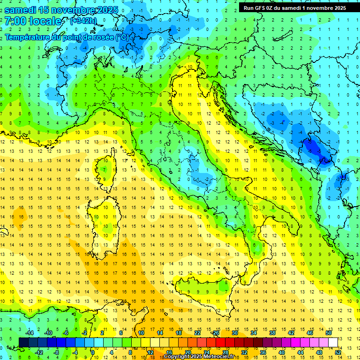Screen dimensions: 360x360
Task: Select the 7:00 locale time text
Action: pos(33,21)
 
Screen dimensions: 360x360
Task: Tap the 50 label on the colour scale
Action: pos(329,333)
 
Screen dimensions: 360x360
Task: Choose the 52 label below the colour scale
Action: pos(338,352)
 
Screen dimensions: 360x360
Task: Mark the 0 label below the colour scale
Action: pos(93,352)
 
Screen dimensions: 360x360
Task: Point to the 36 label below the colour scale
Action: pos(262,352)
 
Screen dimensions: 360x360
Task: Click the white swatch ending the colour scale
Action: pos(333,342)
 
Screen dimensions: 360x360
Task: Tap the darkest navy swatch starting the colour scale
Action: pos(23,342)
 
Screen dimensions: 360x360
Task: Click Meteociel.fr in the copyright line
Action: pos(216,357)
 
